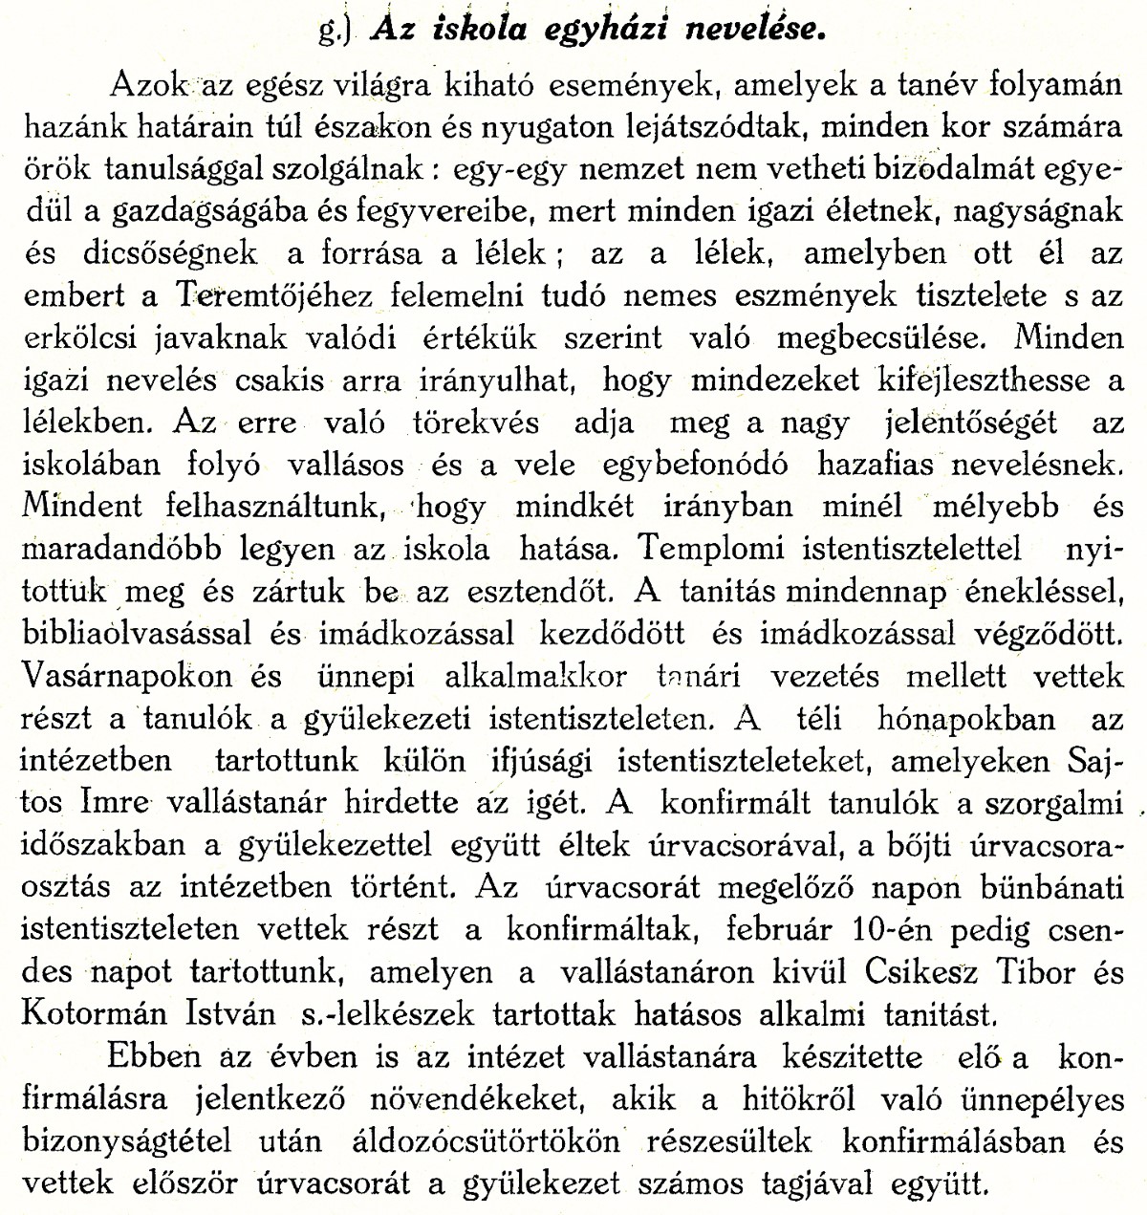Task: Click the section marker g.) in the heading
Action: coord(337,30)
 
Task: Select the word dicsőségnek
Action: coord(139,253)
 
